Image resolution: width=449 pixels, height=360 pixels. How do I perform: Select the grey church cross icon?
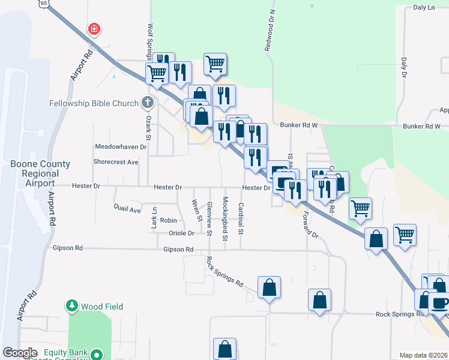coord(148,103)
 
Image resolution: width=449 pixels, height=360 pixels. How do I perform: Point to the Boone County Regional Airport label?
coord(40,173)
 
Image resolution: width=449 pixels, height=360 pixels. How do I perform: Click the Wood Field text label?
coord(102,307)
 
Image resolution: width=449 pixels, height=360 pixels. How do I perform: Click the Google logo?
coord(20,353)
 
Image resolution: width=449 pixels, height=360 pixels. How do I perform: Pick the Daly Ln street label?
coord(424,8)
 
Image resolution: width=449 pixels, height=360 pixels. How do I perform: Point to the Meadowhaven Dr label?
coord(121,146)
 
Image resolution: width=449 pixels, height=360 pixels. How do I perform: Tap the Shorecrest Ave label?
coord(116,162)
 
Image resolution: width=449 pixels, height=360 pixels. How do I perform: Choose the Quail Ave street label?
coord(127,209)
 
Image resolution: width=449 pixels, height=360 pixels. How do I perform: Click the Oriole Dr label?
coord(181,233)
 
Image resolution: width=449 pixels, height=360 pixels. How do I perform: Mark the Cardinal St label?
coord(241,218)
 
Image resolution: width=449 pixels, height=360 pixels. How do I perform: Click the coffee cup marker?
coord(441,303)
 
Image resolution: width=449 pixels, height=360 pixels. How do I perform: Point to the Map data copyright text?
coord(423,355)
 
